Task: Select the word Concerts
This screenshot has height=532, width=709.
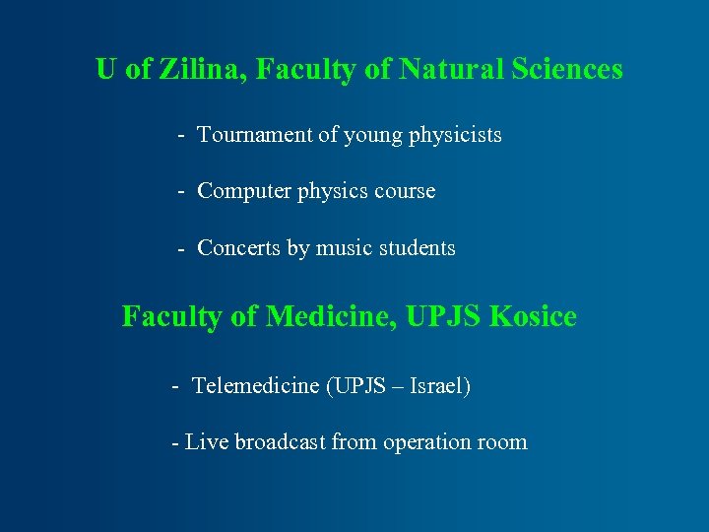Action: (239, 248)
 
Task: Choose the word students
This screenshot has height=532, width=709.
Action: (417, 248)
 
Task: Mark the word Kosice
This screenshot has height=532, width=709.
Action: (533, 317)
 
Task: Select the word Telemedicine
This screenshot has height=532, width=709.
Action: (255, 385)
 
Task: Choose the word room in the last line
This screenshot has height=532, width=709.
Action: (503, 442)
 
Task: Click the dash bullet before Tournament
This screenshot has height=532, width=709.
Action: (183, 136)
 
